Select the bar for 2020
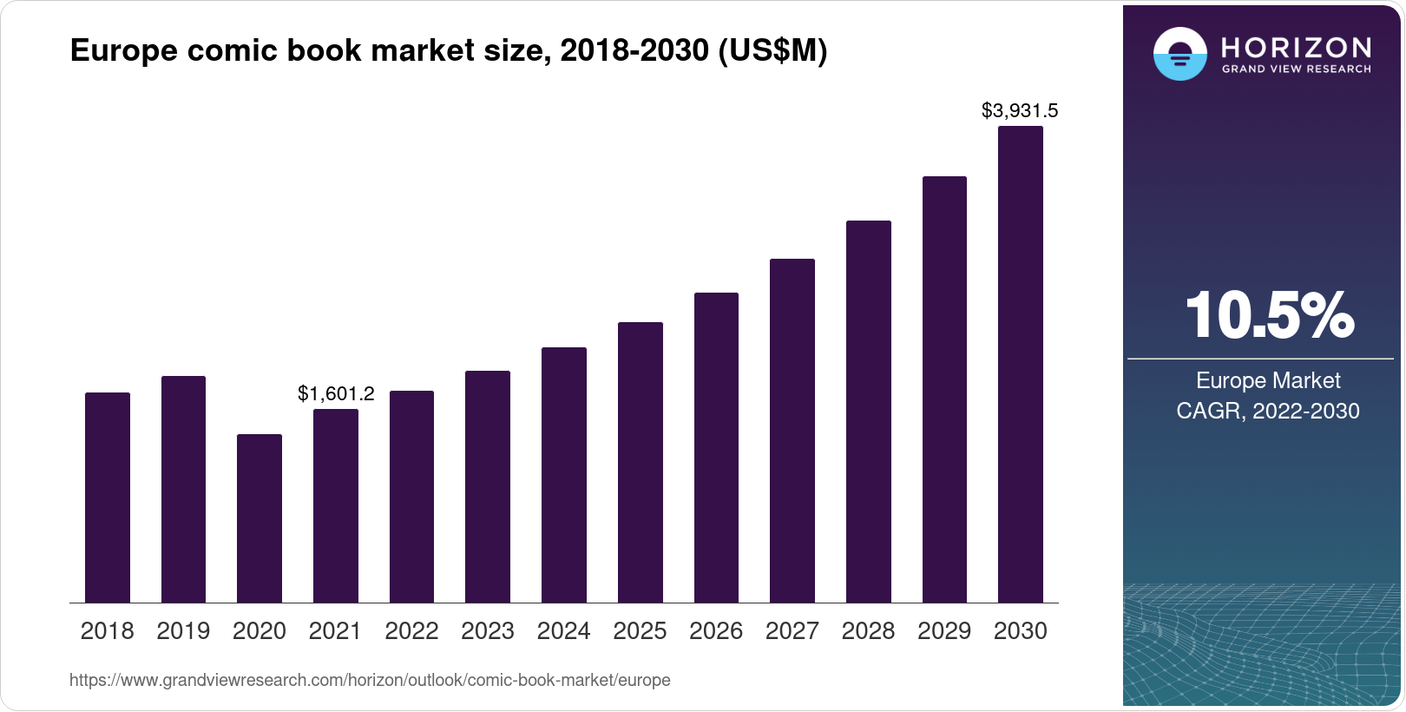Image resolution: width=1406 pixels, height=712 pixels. click(260, 518)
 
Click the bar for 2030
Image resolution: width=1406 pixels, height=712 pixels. click(1020, 365)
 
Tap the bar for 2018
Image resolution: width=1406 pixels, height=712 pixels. click(108, 498)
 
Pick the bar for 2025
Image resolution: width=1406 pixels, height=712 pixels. click(640, 462)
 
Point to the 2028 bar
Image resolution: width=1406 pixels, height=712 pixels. click(868, 412)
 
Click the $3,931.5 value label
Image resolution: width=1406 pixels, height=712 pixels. click(1019, 110)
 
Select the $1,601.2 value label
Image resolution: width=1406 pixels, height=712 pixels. click(336, 393)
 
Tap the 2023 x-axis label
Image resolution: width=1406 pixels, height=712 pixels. click(487, 631)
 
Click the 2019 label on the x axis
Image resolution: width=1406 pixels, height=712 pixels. click(183, 631)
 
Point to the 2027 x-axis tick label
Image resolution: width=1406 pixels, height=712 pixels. click(792, 631)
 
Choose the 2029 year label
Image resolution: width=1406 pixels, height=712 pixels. click(944, 631)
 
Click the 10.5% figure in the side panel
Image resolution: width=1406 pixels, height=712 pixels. click(1268, 315)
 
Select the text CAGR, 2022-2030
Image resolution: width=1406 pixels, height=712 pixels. click(1267, 411)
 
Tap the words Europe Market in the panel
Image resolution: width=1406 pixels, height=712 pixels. click(1267, 380)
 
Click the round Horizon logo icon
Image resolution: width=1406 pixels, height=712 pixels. click(1179, 54)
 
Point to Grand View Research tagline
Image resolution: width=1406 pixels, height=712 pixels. click(1296, 69)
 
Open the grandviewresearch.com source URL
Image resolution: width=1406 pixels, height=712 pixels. click(370, 680)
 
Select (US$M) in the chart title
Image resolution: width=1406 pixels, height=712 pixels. click(772, 50)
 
